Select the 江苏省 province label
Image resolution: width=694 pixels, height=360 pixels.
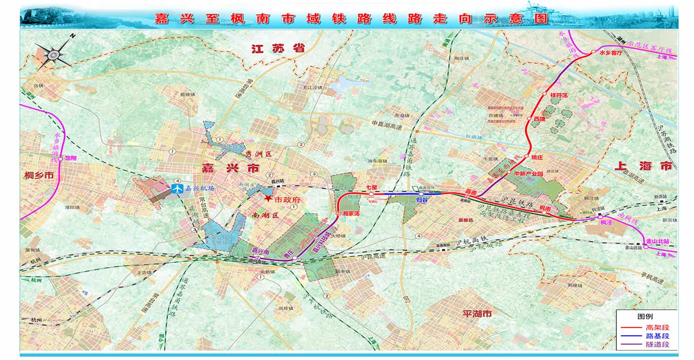click(x=278, y=49)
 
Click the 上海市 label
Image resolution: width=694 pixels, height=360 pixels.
click(x=643, y=166)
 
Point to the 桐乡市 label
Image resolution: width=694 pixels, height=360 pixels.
click(x=39, y=175)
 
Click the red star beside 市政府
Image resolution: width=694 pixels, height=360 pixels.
click(x=269, y=199)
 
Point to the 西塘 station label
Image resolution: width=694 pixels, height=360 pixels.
click(x=538, y=119)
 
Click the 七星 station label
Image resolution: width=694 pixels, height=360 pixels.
click(x=372, y=187)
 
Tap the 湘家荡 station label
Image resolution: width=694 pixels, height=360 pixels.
click(x=350, y=213)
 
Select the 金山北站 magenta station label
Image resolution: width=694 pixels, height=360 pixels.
click(x=659, y=240)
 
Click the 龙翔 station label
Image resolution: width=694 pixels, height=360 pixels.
click(x=70, y=158)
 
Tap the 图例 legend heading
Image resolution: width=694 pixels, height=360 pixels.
click(x=646, y=316)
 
